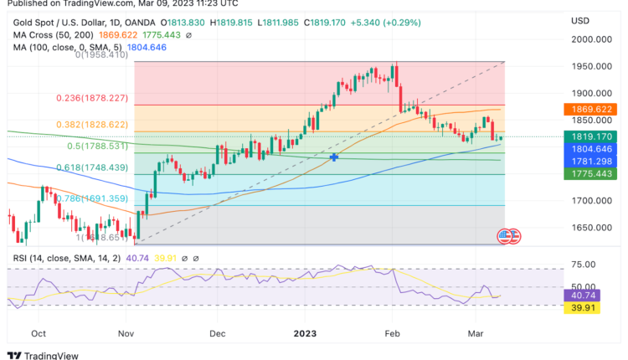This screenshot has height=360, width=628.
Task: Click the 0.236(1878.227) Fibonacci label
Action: (92, 98)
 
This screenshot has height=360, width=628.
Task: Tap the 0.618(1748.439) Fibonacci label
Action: (92, 167)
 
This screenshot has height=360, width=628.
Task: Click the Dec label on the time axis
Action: (219, 332)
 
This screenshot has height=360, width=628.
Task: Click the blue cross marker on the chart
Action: (334, 157)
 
